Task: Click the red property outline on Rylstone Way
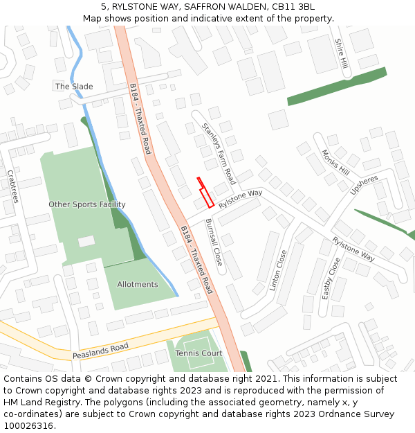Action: tap(205, 193)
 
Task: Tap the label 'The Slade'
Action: tap(74, 87)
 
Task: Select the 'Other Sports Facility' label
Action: tap(87, 204)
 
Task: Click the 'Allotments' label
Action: tap(138, 285)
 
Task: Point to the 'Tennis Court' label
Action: tap(199, 353)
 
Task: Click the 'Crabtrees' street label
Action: tap(11, 186)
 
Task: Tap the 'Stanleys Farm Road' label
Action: tap(219, 148)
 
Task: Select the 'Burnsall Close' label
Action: tap(214, 242)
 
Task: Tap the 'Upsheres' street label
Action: tap(364, 185)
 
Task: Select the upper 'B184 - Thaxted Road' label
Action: tap(140, 118)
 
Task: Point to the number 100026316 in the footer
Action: tap(28, 425)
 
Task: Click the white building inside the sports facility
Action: tap(86, 241)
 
